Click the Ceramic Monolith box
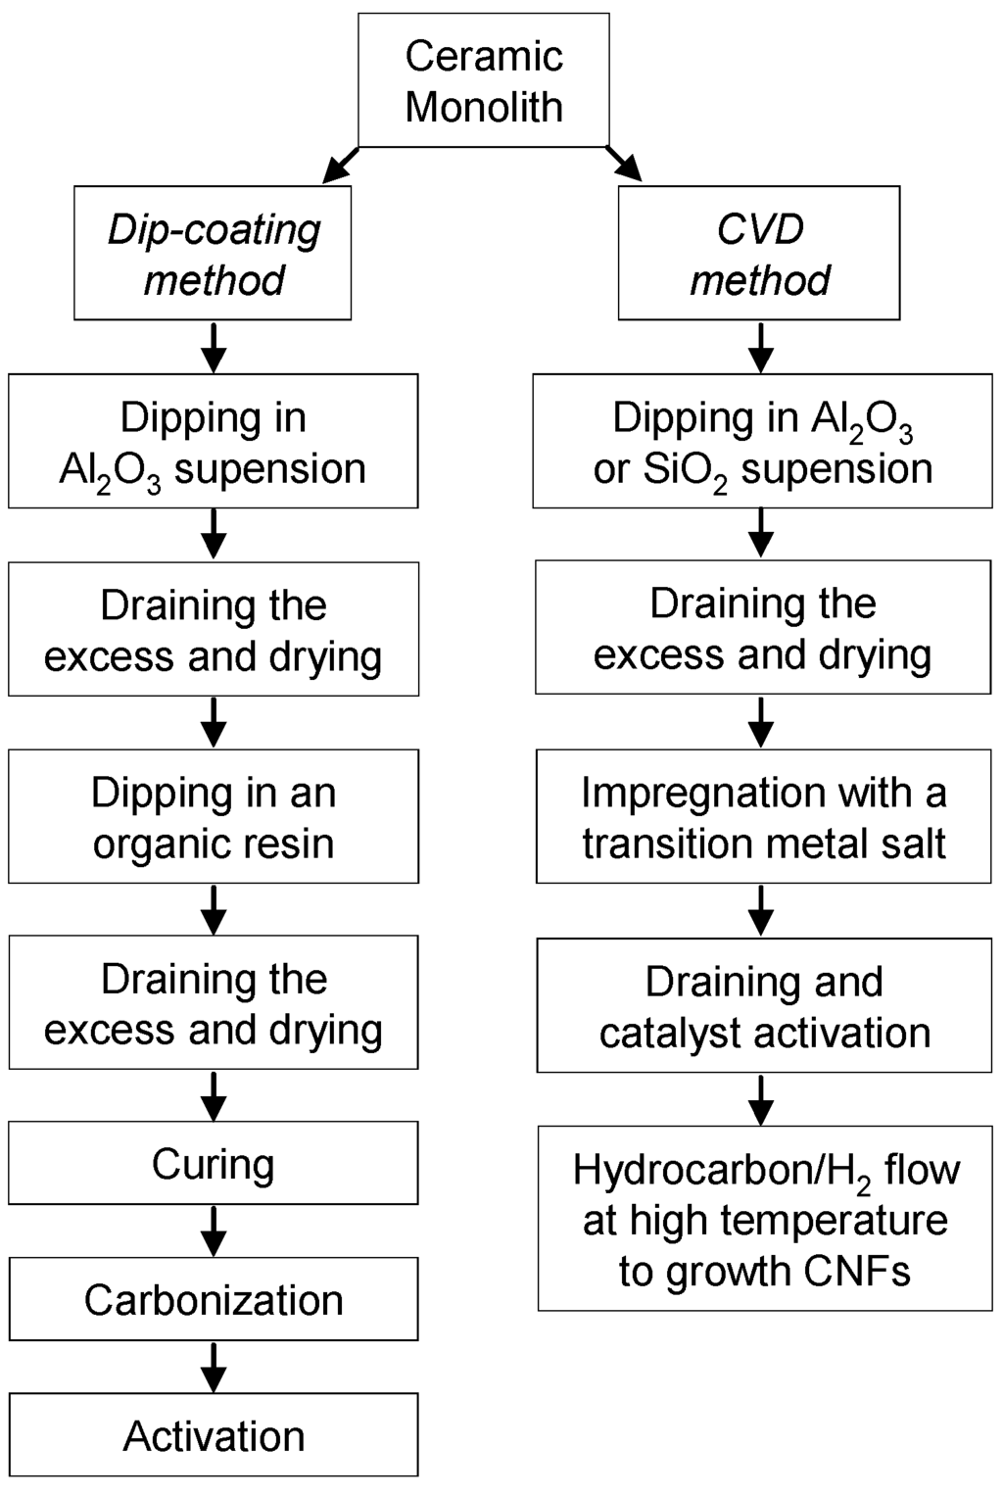tap(484, 80)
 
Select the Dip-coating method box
tap(213, 253)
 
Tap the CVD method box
tap(759, 253)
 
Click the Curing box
tap(214, 1163)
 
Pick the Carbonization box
tap(214, 1299)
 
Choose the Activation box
tap(214, 1434)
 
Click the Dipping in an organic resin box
tap(214, 816)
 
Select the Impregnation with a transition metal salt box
tap(764, 816)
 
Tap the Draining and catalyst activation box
tap(764, 1005)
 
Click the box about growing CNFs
tap(765, 1219)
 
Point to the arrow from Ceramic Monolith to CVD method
tap(624, 164)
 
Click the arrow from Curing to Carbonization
tap(214, 1231)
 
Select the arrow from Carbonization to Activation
tap(214, 1366)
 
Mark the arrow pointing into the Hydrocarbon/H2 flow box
tap(761, 1099)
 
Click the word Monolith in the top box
tap(484, 107)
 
